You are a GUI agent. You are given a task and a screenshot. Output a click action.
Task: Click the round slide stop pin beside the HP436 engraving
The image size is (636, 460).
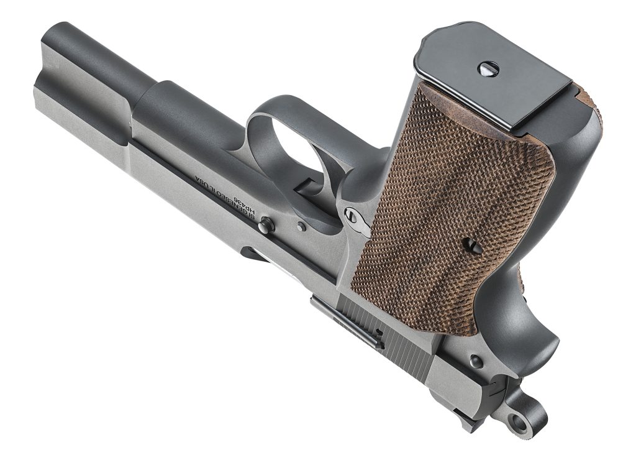pos(267,226)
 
